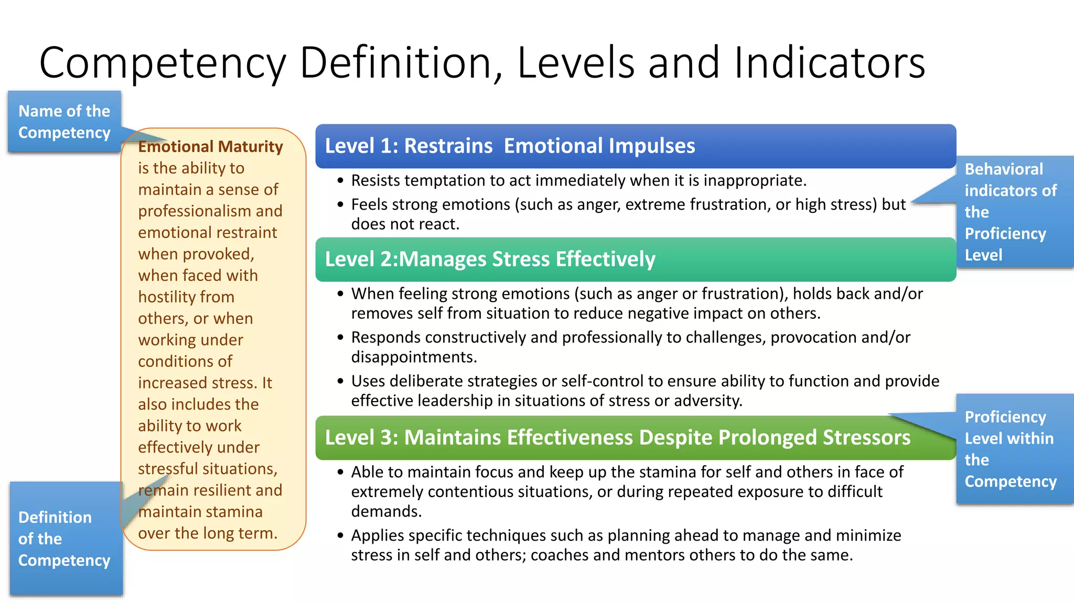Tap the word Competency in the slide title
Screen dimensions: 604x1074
click(x=163, y=62)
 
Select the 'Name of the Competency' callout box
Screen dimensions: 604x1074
click(x=64, y=122)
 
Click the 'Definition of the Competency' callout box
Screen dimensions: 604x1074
click(x=65, y=538)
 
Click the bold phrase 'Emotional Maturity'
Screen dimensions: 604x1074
click(x=210, y=146)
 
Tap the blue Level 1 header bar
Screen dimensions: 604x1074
click(x=635, y=146)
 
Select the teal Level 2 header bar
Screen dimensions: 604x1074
click(x=635, y=259)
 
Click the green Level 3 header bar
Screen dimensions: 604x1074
click(x=635, y=437)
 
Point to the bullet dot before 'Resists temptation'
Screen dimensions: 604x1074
click(x=341, y=181)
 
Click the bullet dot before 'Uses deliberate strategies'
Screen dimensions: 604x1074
click(x=341, y=381)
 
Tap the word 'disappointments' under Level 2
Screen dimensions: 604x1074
click(x=413, y=357)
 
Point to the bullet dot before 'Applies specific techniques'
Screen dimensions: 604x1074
click(x=341, y=536)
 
